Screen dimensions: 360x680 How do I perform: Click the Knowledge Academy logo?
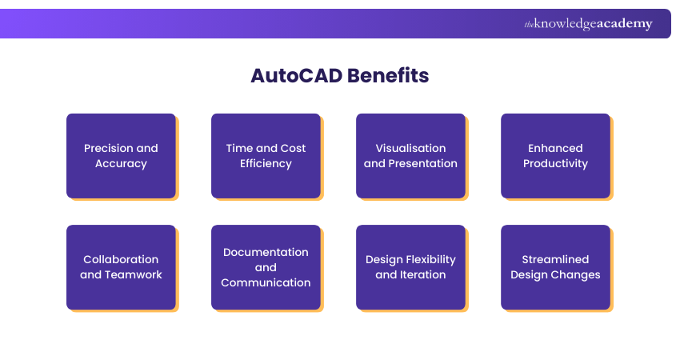coord(588,24)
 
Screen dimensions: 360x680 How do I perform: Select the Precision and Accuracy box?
coord(121,155)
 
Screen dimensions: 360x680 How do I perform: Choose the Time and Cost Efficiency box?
coord(266,155)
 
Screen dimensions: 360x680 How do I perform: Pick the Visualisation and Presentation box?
coord(410,155)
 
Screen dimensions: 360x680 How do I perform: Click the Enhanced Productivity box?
coord(555,155)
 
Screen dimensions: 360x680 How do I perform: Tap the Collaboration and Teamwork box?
coord(121,266)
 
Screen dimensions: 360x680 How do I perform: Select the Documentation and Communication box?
coord(266,266)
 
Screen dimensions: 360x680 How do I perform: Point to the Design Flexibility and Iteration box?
coord(410,266)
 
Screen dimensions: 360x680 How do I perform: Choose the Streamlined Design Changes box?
coord(555,266)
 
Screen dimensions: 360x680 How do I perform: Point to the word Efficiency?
coord(266,163)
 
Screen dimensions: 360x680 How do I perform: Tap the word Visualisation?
coord(410,148)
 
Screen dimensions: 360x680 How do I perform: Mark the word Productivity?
coord(555,163)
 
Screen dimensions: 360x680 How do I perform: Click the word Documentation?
coord(266,252)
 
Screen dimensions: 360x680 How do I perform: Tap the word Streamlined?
coord(555,259)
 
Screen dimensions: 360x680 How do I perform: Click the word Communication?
coord(266,282)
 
